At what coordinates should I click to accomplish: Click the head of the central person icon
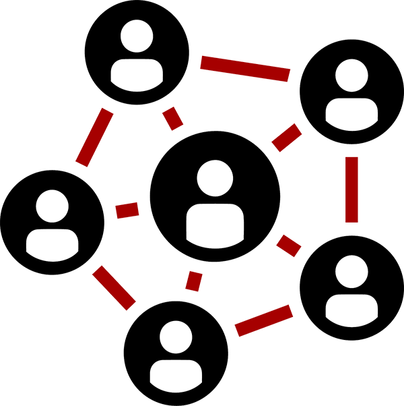(x=215, y=179)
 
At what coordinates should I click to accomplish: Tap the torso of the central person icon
(x=215, y=225)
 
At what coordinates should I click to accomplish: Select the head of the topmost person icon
(x=137, y=36)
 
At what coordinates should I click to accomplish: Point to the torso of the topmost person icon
(x=137, y=74)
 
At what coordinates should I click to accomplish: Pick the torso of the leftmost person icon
(x=52, y=242)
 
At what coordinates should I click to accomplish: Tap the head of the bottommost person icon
(x=176, y=337)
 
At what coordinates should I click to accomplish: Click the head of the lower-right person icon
(x=351, y=272)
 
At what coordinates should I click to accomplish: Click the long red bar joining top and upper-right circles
(x=245, y=68)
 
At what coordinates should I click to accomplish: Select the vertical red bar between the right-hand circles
(x=351, y=189)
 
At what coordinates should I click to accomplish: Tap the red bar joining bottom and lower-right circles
(x=264, y=320)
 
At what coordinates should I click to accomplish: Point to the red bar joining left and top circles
(x=94, y=137)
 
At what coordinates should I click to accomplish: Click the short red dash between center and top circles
(x=173, y=118)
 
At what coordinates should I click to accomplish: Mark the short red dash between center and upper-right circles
(x=286, y=138)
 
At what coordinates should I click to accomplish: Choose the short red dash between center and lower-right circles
(x=289, y=245)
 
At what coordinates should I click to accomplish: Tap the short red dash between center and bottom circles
(x=194, y=281)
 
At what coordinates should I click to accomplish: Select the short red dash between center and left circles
(x=127, y=210)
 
